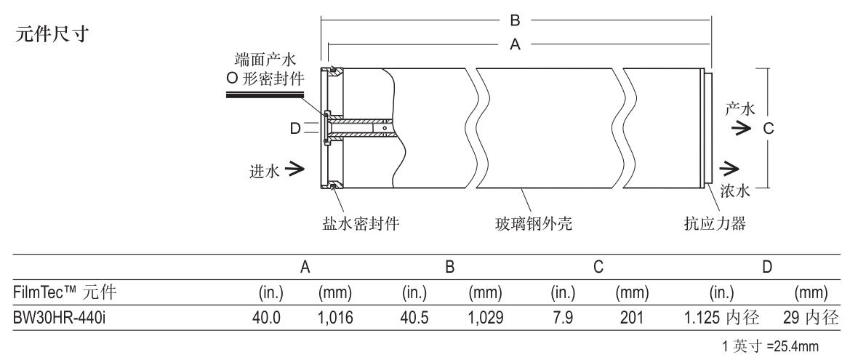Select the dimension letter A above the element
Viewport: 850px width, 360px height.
515,44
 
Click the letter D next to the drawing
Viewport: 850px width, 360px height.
294,129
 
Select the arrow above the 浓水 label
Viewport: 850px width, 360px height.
728,170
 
